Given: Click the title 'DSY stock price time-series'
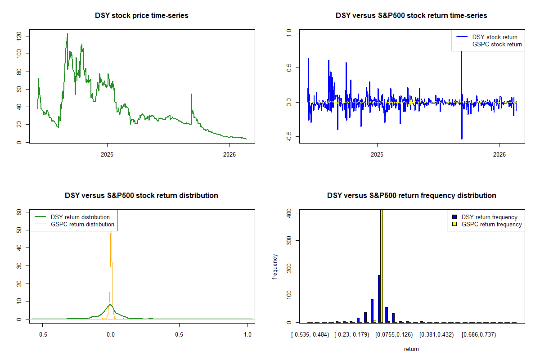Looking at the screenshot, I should click(x=142, y=16).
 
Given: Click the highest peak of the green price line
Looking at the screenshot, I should click(x=67, y=34).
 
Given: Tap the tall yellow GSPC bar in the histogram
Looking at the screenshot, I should click(x=382, y=265).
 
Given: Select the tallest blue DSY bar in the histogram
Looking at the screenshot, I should click(x=379, y=298).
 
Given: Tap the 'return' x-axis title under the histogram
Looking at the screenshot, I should click(x=411, y=349).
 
